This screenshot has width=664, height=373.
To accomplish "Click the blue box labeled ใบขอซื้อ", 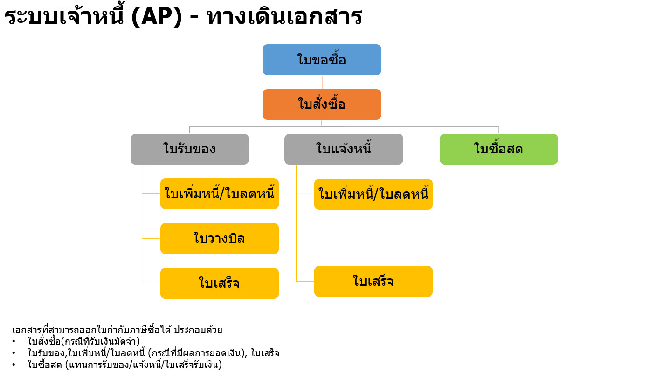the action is pos(322,60).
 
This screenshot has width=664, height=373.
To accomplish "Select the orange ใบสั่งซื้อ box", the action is pos(322,104).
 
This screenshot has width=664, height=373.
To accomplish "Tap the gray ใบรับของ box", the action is pos(190,149).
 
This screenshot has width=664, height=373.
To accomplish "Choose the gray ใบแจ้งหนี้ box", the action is pos(344,149).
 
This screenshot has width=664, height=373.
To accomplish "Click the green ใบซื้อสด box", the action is pos(499,149).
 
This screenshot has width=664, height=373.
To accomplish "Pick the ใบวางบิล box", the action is pos(220,238).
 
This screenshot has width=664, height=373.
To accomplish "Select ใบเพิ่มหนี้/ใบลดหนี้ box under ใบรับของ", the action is pos(220,193).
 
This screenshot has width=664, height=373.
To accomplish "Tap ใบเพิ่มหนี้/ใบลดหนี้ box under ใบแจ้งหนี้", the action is pos(373,194).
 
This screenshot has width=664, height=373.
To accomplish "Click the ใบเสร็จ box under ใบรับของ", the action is pos(220,283).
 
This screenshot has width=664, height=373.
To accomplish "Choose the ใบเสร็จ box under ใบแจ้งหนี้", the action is pos(373,281).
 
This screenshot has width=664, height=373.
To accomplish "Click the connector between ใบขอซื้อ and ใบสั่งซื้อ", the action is pos(322,82).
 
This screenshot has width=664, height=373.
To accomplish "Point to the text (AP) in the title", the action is pos(157,17).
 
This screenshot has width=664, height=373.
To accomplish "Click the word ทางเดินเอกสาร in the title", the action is pos(284,16).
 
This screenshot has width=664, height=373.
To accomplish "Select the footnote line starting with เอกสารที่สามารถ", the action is pos(117,330).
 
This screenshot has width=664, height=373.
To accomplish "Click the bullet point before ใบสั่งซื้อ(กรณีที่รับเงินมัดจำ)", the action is pos(14,342).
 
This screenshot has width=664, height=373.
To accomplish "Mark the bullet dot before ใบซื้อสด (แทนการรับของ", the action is pos(14,365).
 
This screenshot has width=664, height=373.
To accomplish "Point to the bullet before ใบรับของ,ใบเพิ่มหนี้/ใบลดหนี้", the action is pos(14,353).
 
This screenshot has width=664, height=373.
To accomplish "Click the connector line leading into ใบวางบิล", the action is pos(151,238).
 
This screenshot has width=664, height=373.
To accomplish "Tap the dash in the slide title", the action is pos(194,17).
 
